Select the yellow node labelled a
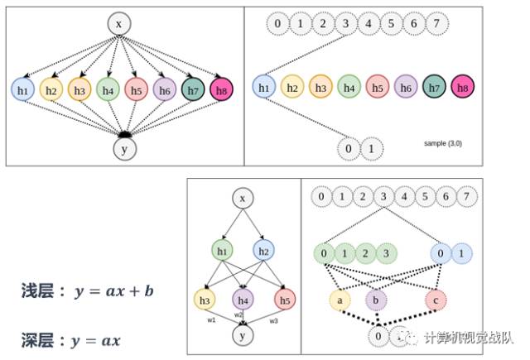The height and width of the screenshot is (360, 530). pyautogui.click(x=338, y=298)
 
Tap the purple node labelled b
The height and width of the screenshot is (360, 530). pyautogui.click(x=376, y=298)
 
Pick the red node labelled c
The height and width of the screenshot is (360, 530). pyautogui.click(x=436, y=298)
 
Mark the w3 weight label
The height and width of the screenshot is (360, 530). pyautogui.click(x=273, y=319)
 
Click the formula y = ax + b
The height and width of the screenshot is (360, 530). pyautogui.click(x=114, y=291)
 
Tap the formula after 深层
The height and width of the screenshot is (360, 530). pyautogui.click(x=97, y=339)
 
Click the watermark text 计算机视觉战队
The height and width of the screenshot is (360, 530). pyautogui.click(x=468, y=338)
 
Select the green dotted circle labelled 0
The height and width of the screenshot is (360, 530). pyautogui.click(x=322, y=252)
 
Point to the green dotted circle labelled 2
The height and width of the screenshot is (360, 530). pyautogui.click(x=364, y=252)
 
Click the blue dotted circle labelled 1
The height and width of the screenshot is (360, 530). pyautogui.click(x=462, y=252)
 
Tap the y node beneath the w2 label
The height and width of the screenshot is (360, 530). pyautogui.click(x=242, y=335)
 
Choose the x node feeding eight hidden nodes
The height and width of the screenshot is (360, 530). pyautogui.click(x=118, y=24)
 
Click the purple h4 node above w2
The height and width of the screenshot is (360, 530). pyautogui.click(x=242, y=298)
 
